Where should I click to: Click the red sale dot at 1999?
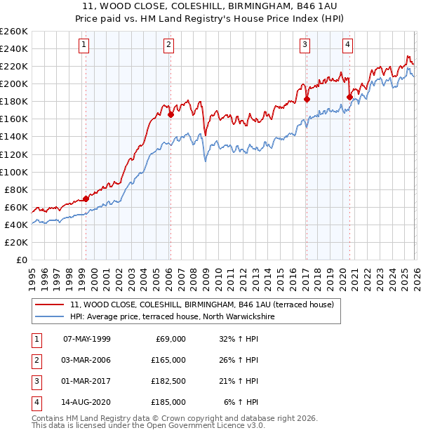point(86,199)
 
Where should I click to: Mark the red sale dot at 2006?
point(171,114)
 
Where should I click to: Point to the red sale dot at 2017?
point(307,99)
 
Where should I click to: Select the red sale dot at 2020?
point(349,97)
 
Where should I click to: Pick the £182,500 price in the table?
point(168,381)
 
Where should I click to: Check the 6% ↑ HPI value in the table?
point(241,402)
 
